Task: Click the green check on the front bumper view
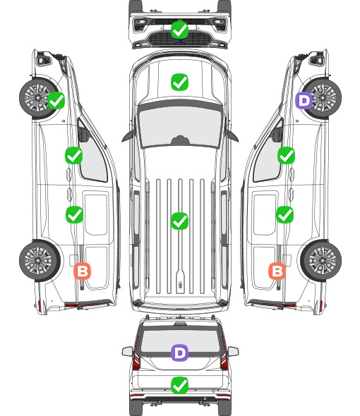pyautogui.click(x=179, y=30)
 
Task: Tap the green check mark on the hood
pyautogui.click(x=179, y=82)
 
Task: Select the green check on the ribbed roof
pyautogui.click(x=179, y=221)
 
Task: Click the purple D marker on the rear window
pyautogui.click(x=179, y=353)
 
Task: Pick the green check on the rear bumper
pyautogui.click(x=179, y=386)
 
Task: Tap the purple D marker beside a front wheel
pyautogui.click(x=304, y=100)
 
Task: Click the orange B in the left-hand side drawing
pyautogui.click(x=83, y=271)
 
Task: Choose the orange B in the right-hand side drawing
pyautogui.click(x=277, y=271)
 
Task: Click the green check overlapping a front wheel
pyautogui.click(x=56, y=100)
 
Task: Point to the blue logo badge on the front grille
pyautogui.click(x=179, y=41)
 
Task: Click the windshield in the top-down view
pyautogui.click(x=180, y=127)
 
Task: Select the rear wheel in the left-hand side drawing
pyautogui.click(x=40, y=260)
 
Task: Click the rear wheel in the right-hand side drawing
pyautogui.click(x=321, y=260)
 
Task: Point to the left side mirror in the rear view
pyautogui.click(x=127, y=351)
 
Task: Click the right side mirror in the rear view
pyautogui.click(x=233, y=351)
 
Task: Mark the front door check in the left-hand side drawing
pyautogui.click(x=73, y=155)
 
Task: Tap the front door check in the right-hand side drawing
pyautogui.click(x=286, y=155)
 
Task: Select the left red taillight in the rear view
pyautogui.click(x=136, y=354)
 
